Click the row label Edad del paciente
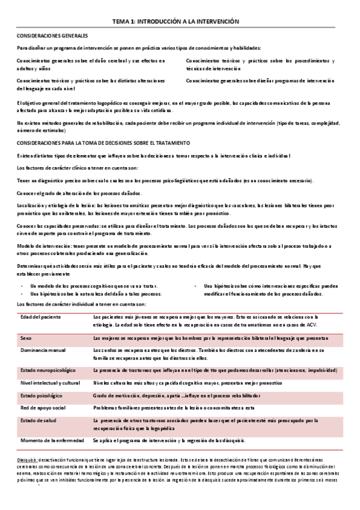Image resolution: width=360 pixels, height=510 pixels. pos(40,316)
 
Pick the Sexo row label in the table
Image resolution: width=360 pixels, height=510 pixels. pos(26,338)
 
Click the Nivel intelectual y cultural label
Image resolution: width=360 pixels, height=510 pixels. pos(50,382)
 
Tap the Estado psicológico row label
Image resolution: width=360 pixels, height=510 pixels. pos(41,396)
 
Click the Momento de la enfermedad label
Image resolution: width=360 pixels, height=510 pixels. pos(52,440)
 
